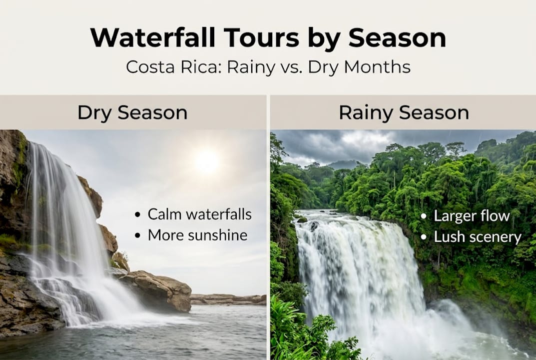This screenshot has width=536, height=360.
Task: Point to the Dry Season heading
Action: pos(132,112)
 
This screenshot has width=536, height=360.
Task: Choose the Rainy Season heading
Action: pos(404,112)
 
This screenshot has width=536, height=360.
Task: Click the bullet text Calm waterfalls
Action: pos(199,214)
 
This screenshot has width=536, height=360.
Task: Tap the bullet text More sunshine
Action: pos(197,235)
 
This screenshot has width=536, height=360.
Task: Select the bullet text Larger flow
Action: pos(472,216)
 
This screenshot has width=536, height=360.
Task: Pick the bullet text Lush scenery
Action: pos(477,236)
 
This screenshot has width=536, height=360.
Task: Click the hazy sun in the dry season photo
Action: pos(206,161)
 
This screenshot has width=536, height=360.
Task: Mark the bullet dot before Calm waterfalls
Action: pos(138,215)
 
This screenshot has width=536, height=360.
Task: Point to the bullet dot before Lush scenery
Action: pos(424,237)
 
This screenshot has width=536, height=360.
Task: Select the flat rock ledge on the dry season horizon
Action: pos(228,299)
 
